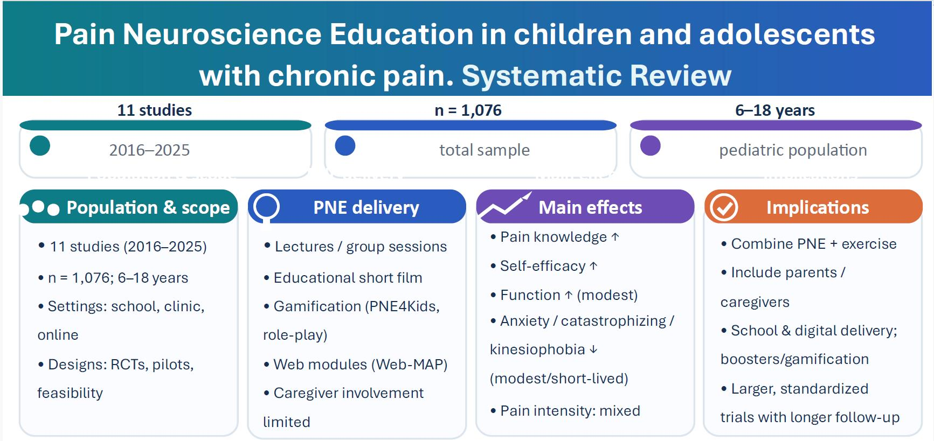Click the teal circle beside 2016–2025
coord(40,145)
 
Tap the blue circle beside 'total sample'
coord(345,145)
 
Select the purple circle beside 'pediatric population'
coord(651,145)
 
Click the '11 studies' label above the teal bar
coord(155,110)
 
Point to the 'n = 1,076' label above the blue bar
coord(468,110)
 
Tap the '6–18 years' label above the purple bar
coord(775,110)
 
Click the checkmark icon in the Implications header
coord(724,207)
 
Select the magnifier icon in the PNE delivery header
coord(266,208)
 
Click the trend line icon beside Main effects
coord(505,206)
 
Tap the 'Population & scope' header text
coord(148,207)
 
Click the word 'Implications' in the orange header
coord(818,207)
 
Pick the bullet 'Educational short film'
coord(343,277)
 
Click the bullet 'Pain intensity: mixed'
coord(565,410)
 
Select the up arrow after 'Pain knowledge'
coord(615,236)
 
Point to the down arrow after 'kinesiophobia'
coord(593,349)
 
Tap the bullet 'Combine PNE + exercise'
coord(809,243)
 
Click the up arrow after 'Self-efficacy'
coord(593,265)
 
